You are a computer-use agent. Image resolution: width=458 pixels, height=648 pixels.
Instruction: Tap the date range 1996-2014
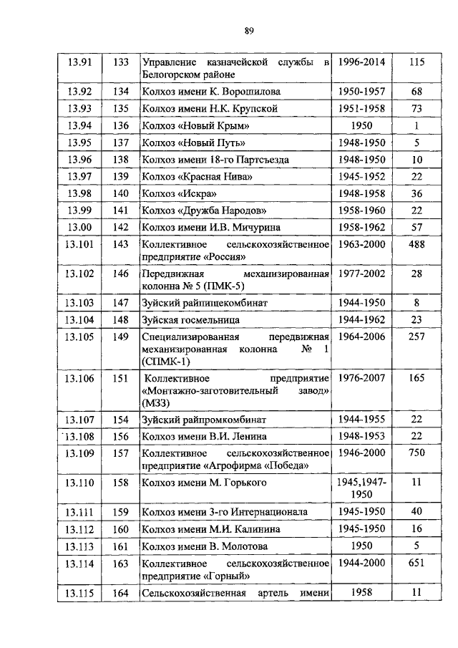[361, 62]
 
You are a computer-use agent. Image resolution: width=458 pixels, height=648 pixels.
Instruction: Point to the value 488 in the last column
[416, 244]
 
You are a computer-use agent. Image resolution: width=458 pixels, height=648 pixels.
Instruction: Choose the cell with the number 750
[416, 453]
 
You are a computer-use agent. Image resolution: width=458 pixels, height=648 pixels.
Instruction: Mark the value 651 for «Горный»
[416, 563]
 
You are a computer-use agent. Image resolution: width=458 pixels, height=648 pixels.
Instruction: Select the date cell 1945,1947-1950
[361, 489]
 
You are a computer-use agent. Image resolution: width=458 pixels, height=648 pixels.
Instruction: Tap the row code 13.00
[80, 227]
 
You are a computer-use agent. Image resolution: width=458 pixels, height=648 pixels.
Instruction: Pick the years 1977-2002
[361, 274]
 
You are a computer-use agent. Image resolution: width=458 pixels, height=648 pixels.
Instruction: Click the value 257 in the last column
[416, 337]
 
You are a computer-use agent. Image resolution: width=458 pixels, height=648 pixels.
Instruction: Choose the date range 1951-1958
[361, 109]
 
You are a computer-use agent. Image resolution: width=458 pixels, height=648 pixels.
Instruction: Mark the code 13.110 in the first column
[80, 483]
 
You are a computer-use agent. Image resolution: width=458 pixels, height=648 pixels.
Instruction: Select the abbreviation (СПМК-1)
[165, 362]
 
